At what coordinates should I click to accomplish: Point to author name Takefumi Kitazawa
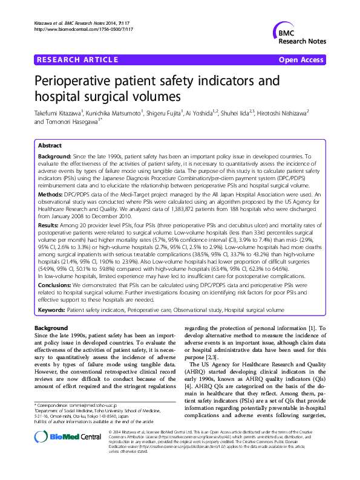point(59,113)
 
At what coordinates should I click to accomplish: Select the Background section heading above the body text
point(51,328)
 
